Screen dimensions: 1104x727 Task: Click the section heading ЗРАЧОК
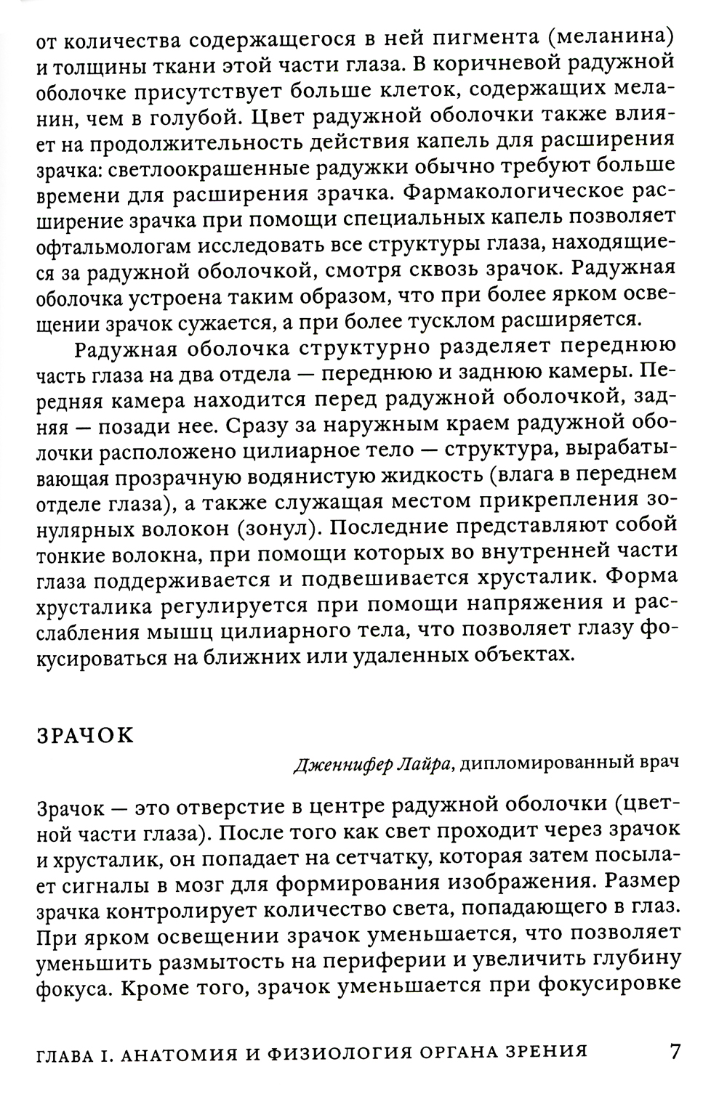[85, 735]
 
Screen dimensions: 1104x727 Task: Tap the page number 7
[675, 1052]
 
